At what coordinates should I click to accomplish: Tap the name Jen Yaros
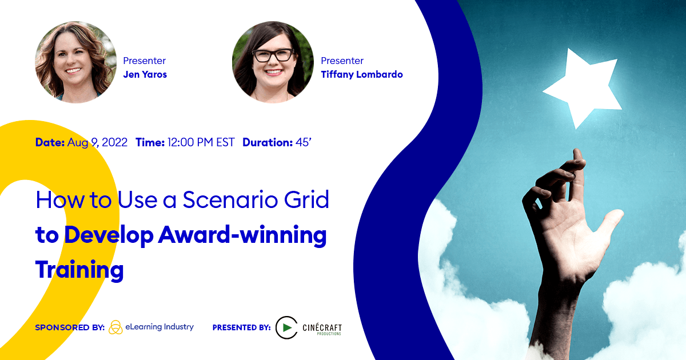145,74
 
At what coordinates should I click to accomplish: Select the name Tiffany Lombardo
362,74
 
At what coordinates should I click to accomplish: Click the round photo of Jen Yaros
75,62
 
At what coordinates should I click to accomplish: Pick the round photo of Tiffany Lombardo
273,62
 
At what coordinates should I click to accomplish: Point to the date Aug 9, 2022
97,142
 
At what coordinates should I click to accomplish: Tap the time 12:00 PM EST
201,142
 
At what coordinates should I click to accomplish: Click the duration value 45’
303,142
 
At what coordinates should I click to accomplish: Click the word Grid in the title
306,199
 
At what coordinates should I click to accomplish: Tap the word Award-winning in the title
242,235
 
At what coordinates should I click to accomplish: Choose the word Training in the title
79,270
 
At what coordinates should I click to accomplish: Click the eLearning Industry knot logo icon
115,327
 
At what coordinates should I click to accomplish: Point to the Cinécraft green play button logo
286,327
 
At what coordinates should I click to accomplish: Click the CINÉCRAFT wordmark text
322,327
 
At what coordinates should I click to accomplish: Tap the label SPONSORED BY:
70,327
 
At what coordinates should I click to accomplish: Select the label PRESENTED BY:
242,327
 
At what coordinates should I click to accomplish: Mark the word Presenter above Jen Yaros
144,61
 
